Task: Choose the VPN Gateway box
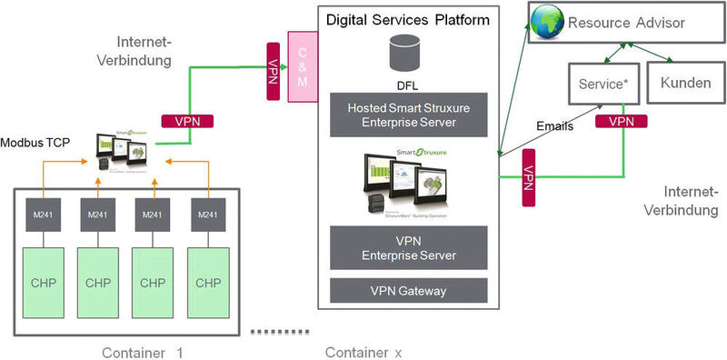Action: pos(408,290)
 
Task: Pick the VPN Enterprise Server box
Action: pos(408,246)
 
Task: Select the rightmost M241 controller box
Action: pos(208,215)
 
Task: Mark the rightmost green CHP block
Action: pos(208,282)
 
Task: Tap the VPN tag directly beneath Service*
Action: pos(622,120)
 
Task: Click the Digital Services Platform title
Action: pos(409,18)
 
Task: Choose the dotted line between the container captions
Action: pos(275,329)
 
